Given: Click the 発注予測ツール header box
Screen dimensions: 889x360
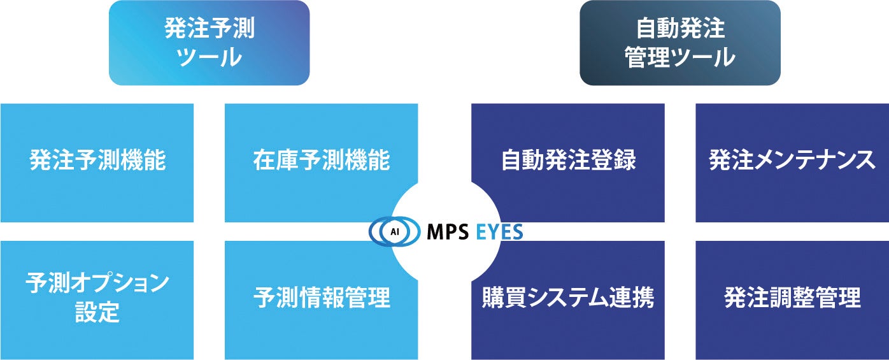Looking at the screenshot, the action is click(x=209, y=43).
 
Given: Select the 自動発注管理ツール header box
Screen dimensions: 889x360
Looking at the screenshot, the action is click(x=679, y=43).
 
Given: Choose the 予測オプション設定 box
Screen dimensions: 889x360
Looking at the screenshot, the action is click(x=97, y=299).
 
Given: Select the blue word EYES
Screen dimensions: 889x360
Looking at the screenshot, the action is click(x=499, y=232).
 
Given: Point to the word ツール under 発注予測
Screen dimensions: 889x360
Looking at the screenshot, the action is click(x=209, y=58).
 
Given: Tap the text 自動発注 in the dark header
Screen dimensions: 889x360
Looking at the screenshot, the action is click(x=679, y=29).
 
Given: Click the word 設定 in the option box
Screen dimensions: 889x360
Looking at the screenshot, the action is click(x=97, y=312).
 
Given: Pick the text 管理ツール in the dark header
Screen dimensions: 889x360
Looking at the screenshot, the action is click(x=679, y=58).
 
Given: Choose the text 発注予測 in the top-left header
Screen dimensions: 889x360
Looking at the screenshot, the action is click(x=209, y=29).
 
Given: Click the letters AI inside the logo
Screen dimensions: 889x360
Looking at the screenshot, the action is click(x=394, y=232).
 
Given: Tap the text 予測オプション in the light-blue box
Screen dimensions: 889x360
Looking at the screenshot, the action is click(x=97, y=283).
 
